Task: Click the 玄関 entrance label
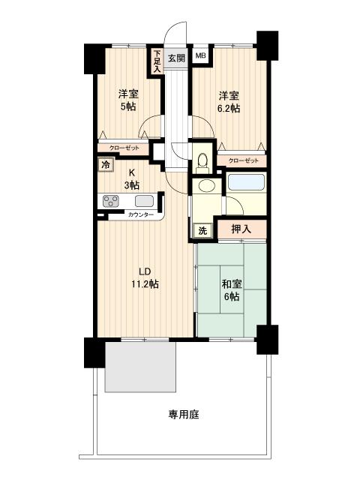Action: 177,58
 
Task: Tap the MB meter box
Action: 200,55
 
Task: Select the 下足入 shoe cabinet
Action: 157,61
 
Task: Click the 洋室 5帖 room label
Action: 128,100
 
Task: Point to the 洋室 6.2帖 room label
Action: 229,102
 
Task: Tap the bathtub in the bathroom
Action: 246,183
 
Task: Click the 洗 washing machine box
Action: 202,230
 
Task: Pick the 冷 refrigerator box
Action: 106,165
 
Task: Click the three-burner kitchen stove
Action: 111,201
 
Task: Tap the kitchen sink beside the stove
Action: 145,201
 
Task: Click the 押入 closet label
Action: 241,229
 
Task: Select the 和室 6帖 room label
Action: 232,290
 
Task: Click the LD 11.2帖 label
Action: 145,278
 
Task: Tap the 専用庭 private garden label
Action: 184,415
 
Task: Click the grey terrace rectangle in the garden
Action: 140,367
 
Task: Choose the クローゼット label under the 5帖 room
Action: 124,148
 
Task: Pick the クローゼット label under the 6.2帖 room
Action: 244,160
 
